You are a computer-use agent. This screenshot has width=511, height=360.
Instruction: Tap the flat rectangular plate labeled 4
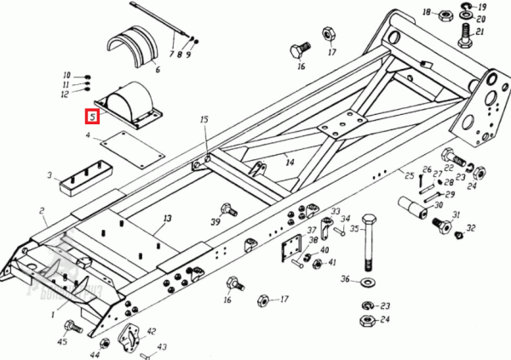click(132, 149)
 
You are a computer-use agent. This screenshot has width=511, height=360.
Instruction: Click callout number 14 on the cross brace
click(290, 161)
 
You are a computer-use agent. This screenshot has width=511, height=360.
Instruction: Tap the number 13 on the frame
click(167, 219)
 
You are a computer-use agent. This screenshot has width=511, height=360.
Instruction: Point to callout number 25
click(410, 175)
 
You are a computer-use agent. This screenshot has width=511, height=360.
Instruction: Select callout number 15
click(204, 120)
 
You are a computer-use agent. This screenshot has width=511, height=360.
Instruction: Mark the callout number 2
click(42, 209)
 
